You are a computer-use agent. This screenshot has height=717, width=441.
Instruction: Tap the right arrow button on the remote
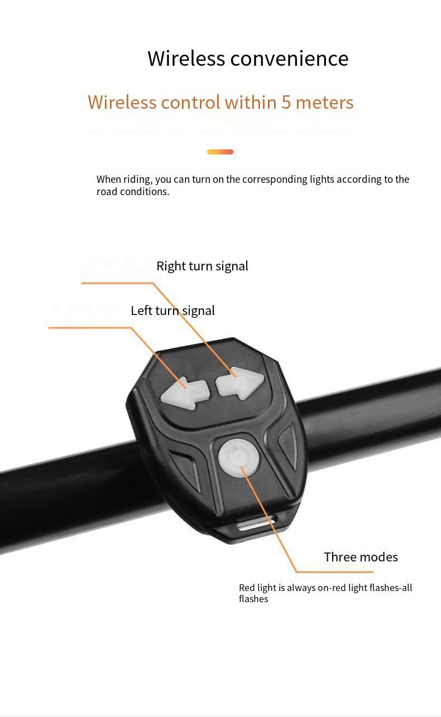click(239, 383)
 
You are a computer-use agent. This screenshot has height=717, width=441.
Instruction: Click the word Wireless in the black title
click(186, 59)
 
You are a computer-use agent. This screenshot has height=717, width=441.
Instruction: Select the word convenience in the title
click(289, 59)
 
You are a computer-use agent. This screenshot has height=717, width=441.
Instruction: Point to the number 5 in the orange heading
click(286, 103)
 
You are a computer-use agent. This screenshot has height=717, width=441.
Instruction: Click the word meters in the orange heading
click(324, 103)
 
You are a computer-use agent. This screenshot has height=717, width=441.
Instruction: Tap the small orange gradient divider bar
click(220, 152)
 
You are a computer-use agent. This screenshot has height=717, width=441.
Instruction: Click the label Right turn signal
click(202, 267)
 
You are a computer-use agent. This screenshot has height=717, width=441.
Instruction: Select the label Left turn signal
click(172, 311)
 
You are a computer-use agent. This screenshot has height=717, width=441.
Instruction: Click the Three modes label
click(361, 557)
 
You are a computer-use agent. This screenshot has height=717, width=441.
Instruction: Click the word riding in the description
click(137, 180)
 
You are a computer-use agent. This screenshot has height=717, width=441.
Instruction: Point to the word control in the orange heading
click(190, 103)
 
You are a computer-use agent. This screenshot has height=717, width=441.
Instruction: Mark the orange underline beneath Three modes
click(334, 571)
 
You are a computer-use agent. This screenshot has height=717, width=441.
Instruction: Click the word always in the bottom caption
click(301, 588)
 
